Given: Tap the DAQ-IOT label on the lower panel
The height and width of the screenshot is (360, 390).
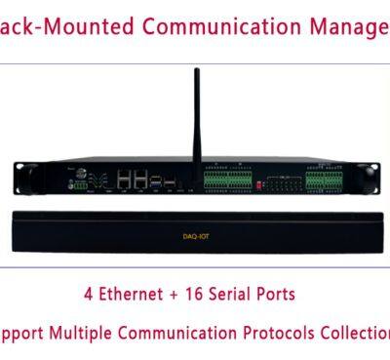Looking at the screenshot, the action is (x=196, y=236).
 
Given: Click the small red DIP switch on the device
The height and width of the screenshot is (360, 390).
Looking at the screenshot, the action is (x=259, y=182).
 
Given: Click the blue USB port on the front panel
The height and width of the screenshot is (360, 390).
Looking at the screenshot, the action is (x=170, y=182).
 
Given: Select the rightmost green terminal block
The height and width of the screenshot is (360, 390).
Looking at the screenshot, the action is (x=328, y=180).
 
